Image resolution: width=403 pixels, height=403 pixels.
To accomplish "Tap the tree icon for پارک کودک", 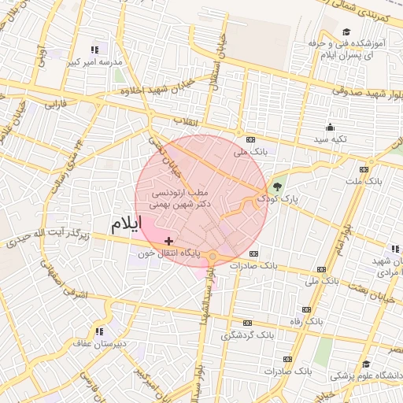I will [x=275, y=187].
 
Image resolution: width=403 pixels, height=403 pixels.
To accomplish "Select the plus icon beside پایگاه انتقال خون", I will [x=168, y=240].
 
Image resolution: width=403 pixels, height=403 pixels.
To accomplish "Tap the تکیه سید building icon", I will [x=331, y=128].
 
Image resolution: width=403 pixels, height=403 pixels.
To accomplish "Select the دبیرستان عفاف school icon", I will [x=99, y=331].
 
